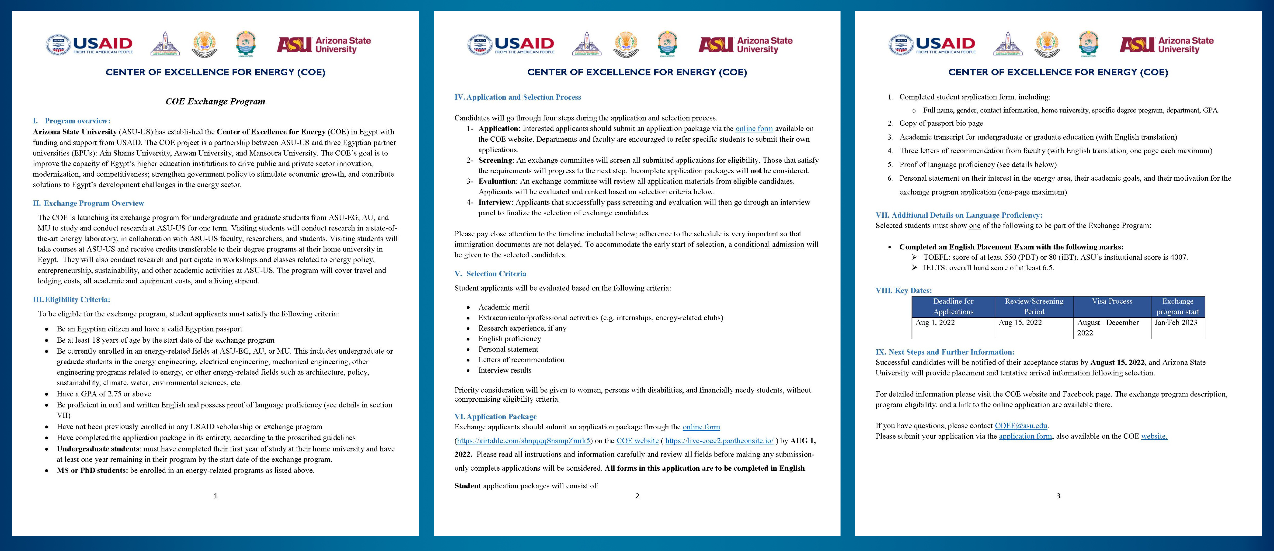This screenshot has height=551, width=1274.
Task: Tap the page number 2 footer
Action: pyautogui.click(x=637, y=496)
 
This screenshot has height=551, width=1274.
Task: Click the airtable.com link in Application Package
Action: pyautogui.click(x=523, y=440)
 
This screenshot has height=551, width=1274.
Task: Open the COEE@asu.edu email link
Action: pyautogui.click(x=1021, y=426)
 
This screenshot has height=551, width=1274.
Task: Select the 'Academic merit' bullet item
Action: pyautogui.click(x=504, y=307)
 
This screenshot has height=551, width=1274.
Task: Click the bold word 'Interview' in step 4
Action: pyautogui.click(x=494, y=202)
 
